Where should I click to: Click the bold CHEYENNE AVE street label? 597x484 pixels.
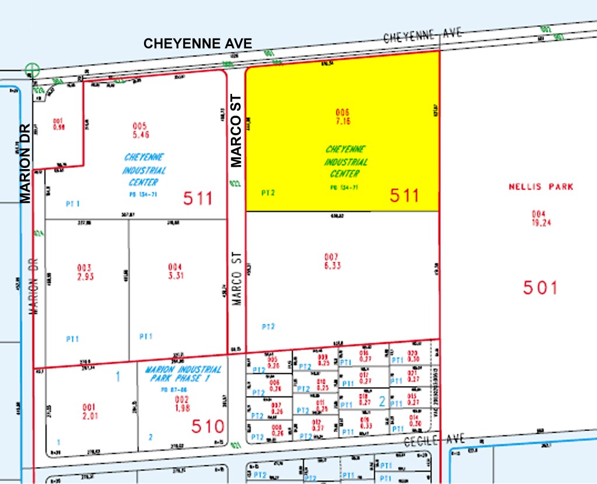coord(198,44)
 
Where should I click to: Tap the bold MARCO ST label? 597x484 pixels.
coord(237,132)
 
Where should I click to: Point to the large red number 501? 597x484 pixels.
coord(540,288)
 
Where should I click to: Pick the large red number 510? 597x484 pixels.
coord(208,426)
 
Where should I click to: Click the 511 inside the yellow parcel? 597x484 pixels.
coord(405,195)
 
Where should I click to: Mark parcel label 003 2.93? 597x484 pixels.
coord(85,271)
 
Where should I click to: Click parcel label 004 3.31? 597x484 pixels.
coord(175,271)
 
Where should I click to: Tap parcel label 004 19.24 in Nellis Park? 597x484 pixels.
coord(538,218)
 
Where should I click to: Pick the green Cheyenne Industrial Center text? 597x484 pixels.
coord(346,162)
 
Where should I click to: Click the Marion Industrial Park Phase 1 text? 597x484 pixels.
coord(180,374)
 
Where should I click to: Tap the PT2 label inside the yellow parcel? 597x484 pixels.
coord(268,192)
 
